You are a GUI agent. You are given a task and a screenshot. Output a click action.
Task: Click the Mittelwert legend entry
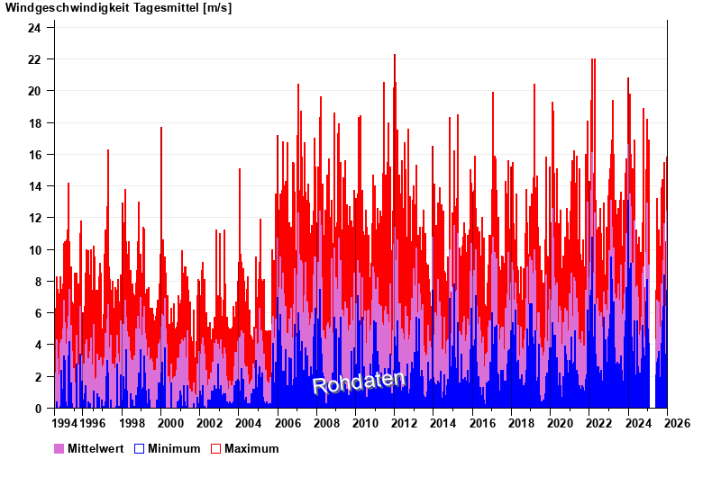(94, 448)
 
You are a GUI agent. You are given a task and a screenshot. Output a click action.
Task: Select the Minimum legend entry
(174, 448)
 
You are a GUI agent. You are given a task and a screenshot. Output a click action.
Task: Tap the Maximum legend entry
(251, 448)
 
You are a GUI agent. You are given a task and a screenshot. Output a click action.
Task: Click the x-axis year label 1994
(65, 423)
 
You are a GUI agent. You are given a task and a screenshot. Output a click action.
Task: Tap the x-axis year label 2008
(325, 423)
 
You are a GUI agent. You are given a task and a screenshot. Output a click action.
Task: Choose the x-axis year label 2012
(403, 423)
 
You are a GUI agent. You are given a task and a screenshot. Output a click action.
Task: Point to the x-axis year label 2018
(520, 423)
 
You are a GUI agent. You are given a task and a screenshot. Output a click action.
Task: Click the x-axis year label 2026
(676, 423)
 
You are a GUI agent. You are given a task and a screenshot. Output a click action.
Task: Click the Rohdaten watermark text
(359, 382)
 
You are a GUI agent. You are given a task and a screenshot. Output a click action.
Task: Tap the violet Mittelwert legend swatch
(59, 448)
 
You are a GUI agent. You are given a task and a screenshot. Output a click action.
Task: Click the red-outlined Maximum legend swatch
(215, 448)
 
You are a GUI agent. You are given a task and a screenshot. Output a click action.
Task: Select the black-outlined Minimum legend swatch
(139, 448)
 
